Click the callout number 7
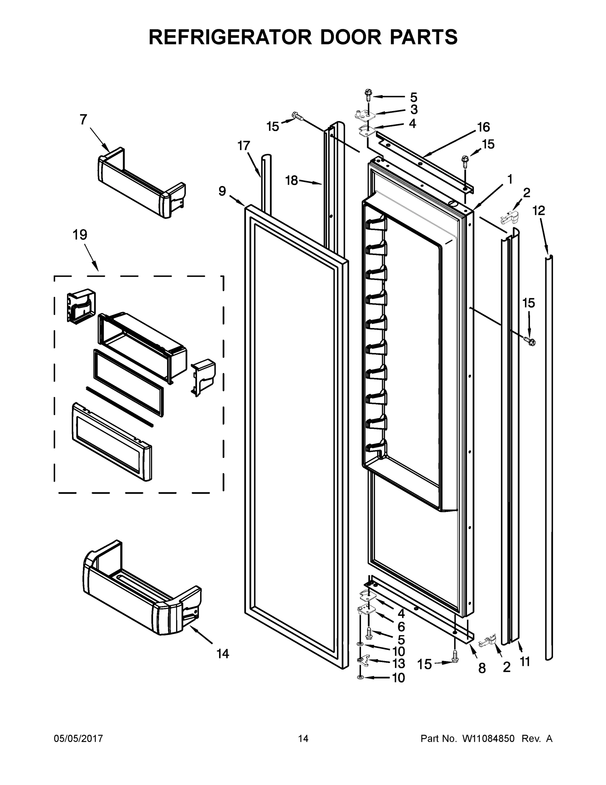(83, 120)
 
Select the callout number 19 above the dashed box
(80, 235)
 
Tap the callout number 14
(222, 654)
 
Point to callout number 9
(222, 191)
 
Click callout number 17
(243, 146)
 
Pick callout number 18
(291, 181)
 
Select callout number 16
(483, 127)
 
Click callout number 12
(538, 210)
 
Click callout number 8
(482, 668)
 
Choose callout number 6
(401, 626)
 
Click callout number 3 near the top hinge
(414, 110)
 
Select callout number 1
(510, 179)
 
